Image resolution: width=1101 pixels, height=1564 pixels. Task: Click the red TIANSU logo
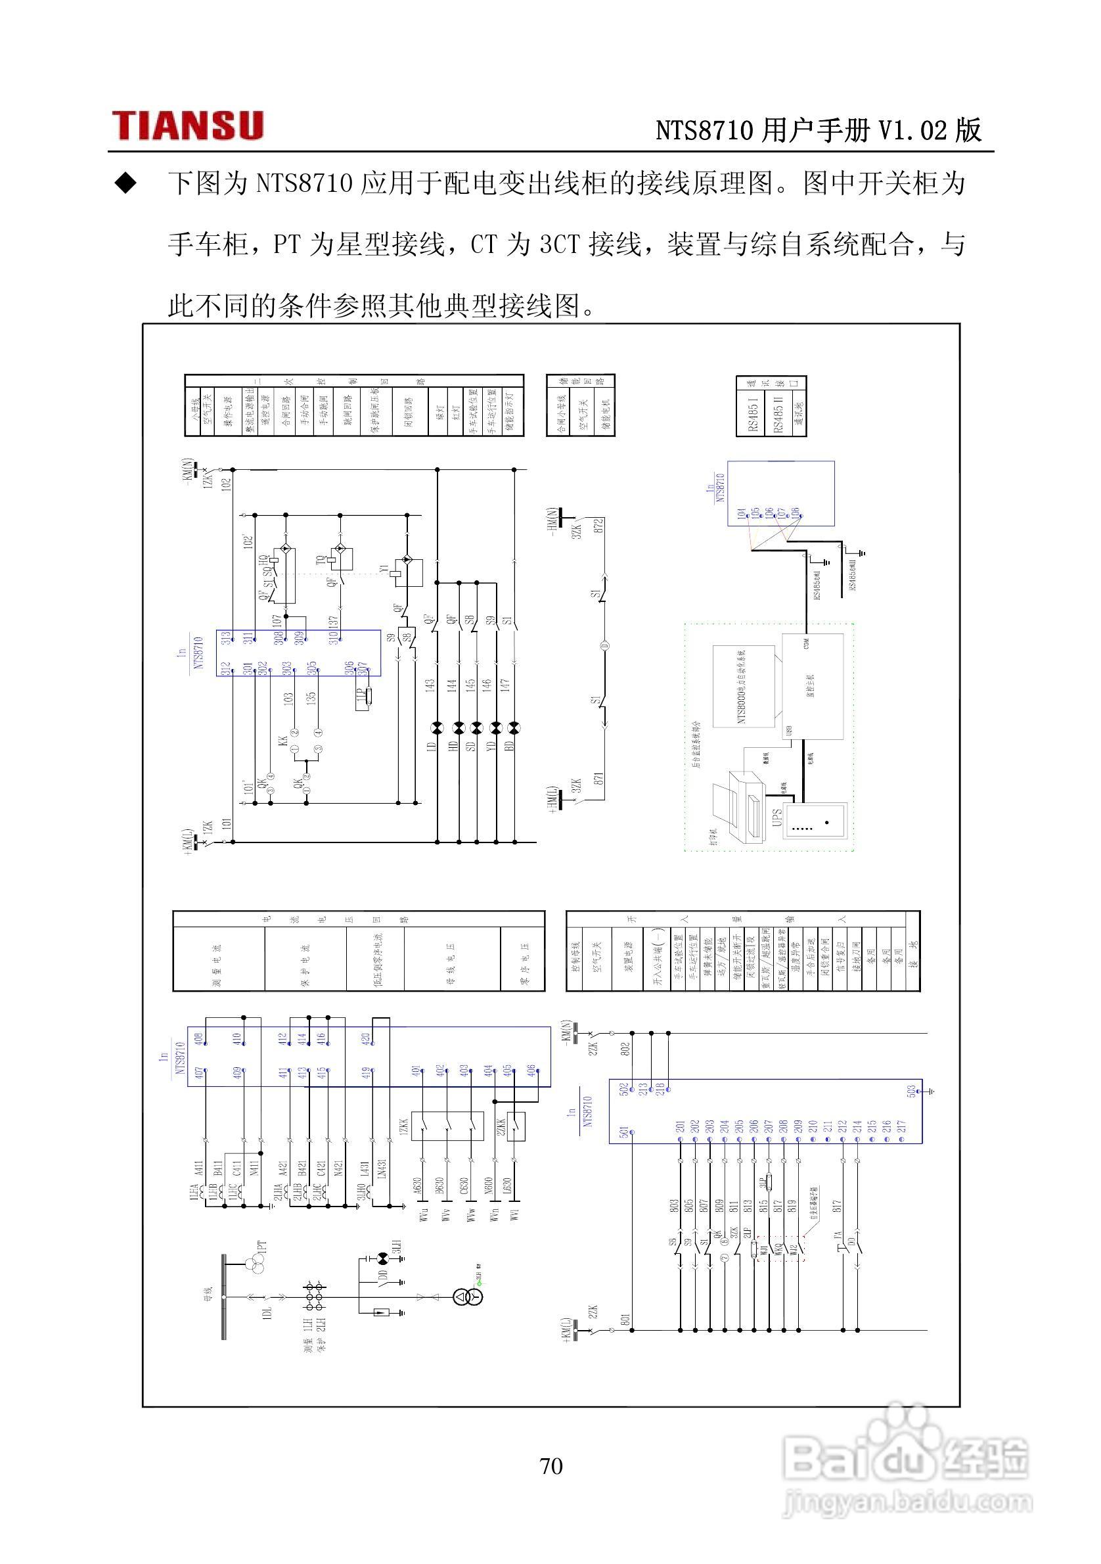187,126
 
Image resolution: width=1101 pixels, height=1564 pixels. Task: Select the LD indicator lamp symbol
437,728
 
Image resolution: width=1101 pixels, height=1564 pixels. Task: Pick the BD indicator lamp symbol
515,728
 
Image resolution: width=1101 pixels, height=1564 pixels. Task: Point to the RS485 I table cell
752,413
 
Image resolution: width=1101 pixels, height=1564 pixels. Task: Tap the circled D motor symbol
604,646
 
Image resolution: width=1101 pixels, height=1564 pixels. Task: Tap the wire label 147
505,685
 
